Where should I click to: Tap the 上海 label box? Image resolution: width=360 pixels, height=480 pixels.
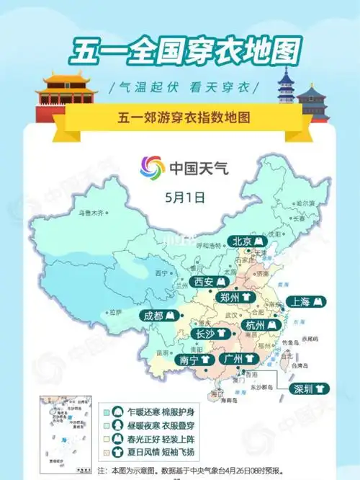point(306,302)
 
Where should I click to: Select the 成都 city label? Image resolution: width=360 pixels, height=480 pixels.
point(160,316)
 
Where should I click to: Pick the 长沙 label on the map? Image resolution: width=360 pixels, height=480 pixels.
point(211,334)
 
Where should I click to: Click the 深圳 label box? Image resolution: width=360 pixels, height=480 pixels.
point(309,389)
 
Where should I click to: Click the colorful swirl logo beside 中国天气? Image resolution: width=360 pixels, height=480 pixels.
point(152,169)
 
